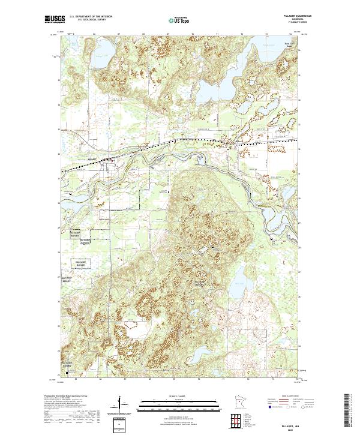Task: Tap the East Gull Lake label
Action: pyautogui.click(x=290, y=45)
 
